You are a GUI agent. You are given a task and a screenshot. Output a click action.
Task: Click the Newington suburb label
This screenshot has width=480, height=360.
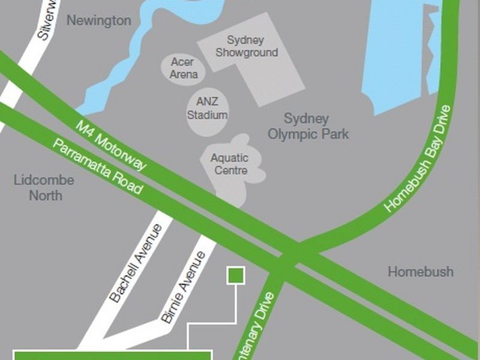(98, 20)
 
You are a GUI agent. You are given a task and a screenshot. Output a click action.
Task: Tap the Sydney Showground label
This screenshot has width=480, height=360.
(247, 47)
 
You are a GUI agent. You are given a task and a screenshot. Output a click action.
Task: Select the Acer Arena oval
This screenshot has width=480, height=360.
(183, 68)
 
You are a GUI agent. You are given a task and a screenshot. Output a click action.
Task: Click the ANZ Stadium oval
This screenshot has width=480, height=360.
(207, 109)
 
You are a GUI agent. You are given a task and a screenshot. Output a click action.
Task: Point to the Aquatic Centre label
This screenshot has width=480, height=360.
(229, 164)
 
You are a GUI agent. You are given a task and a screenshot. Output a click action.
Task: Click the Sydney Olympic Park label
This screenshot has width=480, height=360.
(308, 126)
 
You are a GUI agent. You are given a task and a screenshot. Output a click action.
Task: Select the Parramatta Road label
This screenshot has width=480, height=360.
(98, 166)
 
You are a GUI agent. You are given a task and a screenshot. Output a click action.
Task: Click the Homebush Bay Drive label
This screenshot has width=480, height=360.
(419, 158)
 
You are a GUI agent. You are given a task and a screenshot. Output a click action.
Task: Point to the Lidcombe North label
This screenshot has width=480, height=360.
(43, 188)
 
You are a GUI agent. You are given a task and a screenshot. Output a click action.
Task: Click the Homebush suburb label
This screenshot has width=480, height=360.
(420, 272)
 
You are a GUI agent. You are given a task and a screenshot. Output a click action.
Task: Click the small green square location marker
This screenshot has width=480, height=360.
(235, 275)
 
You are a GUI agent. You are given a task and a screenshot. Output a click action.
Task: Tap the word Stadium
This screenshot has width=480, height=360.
(207, 115)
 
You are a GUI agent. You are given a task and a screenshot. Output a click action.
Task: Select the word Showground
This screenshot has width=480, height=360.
(247, 53)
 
